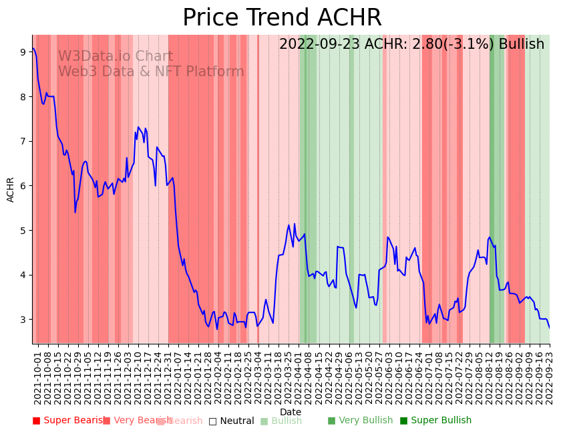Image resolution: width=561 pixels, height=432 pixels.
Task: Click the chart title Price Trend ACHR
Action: point(282,18)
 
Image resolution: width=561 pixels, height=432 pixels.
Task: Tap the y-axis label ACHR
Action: point(11,189)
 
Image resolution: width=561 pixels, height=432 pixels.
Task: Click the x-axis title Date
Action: point(291,412)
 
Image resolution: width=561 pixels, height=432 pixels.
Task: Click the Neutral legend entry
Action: point(231,421)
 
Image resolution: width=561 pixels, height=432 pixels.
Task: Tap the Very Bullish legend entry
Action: point(360,421)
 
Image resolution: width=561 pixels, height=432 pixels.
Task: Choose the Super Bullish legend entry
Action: point(435,421)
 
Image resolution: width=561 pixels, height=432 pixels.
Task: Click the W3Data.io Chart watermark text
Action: point(115,57)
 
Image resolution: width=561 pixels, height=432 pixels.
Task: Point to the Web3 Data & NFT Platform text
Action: point(151,72)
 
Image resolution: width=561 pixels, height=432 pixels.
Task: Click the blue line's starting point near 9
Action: point(33,49)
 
